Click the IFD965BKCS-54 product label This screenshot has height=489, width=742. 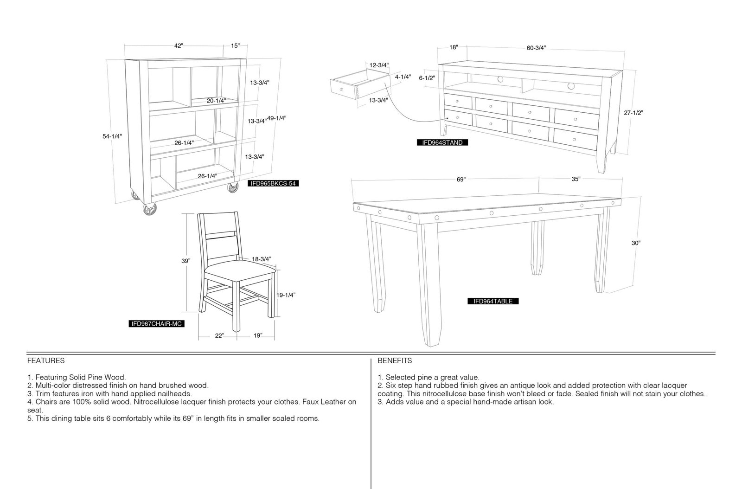pos(273,183)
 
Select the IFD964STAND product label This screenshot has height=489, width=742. pos(442,142)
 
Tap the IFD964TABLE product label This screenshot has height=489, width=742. pos(493,301)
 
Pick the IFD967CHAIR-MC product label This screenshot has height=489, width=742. pos(156,324)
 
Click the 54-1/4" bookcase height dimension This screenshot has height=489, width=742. pos(112,136)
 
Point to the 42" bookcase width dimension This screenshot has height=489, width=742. pos(179,46)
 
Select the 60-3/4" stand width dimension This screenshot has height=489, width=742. pos(536,48)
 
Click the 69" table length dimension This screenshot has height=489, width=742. pos(461,180)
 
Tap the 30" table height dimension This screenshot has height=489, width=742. pos(636,243)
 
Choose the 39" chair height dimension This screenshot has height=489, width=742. pos(186,261)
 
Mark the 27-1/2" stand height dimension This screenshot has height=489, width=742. pos(633,113)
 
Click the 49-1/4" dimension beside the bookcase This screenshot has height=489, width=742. pos(276,118)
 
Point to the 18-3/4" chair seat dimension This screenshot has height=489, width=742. pos(262,259)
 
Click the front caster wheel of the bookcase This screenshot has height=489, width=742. pos(150,209)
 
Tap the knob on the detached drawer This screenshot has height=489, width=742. pos(341,90)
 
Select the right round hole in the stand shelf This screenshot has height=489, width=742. pos(571,86)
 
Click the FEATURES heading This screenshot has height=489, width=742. pos(46,360)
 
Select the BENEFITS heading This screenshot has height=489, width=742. pos(395,360)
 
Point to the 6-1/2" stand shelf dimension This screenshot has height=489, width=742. pos(427,78)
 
